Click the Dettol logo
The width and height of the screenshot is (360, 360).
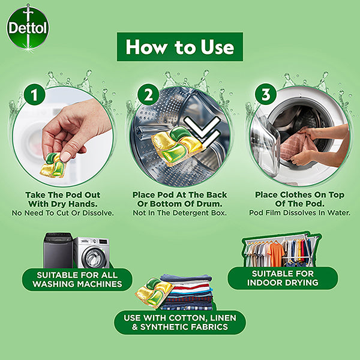28,28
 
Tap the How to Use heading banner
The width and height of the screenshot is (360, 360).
180,47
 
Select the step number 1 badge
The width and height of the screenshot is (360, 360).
34,94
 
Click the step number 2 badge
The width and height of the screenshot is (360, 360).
148,94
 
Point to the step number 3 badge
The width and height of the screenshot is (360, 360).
266,94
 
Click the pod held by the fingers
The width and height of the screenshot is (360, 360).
53,164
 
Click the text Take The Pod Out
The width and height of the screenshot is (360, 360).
62,195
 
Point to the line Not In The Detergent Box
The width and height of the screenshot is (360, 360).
180,213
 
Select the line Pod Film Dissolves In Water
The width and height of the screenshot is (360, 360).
300,213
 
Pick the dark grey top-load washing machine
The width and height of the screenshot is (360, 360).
58,250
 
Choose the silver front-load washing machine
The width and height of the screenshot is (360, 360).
91,253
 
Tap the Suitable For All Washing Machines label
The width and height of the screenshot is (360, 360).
77,280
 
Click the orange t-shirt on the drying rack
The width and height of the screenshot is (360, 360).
275,254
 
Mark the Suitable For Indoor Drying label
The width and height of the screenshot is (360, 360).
283,278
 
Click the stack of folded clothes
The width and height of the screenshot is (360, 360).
187,292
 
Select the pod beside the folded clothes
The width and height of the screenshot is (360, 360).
154,292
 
